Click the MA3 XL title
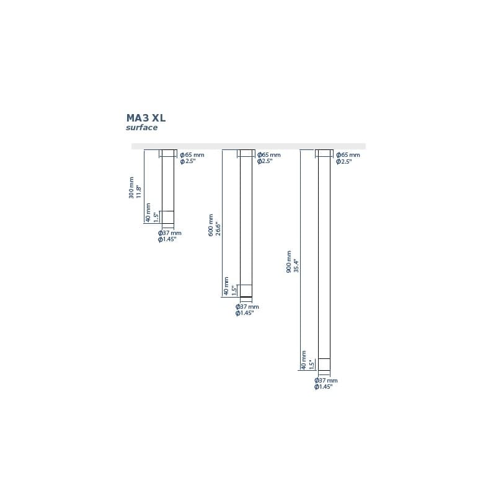pos(146,118)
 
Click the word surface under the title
pos(142,128)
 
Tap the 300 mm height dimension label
pos(131,188)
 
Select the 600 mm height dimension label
pos(211,225)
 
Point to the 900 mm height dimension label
pos(289,262)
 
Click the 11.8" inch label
pos(138,192)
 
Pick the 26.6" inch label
pos(218,229)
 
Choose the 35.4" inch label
pos(296,266)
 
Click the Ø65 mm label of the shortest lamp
pos(192,155)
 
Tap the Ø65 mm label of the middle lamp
pos(269,155)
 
